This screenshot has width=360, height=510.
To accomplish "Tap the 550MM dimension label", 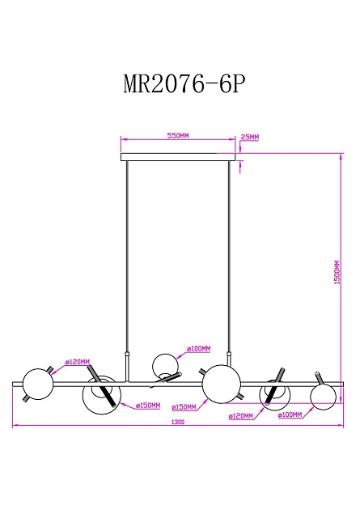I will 178,137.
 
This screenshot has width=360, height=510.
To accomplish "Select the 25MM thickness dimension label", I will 250,138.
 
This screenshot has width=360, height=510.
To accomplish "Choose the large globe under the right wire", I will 221,383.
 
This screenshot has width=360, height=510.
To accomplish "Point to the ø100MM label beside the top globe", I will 199,349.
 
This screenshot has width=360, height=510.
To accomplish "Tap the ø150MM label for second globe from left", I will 148,406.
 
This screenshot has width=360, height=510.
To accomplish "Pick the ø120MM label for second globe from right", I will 241,415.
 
